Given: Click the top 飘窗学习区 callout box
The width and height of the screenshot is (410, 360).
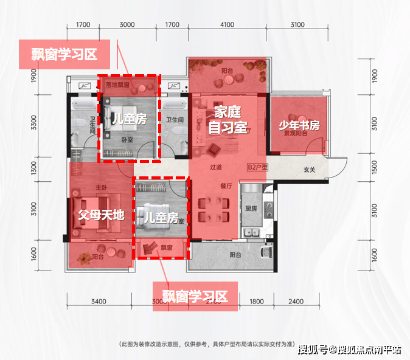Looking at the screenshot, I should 64,54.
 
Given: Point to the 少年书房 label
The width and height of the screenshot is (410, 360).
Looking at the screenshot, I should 299,126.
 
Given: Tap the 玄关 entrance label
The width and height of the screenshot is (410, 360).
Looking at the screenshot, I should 310,170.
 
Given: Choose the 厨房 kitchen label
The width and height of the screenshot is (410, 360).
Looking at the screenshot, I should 250,208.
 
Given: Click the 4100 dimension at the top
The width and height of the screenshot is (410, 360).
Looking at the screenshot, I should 227,25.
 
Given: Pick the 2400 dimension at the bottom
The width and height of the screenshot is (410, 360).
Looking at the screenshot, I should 296,302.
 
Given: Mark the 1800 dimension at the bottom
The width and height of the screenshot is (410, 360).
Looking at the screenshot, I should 256,302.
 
